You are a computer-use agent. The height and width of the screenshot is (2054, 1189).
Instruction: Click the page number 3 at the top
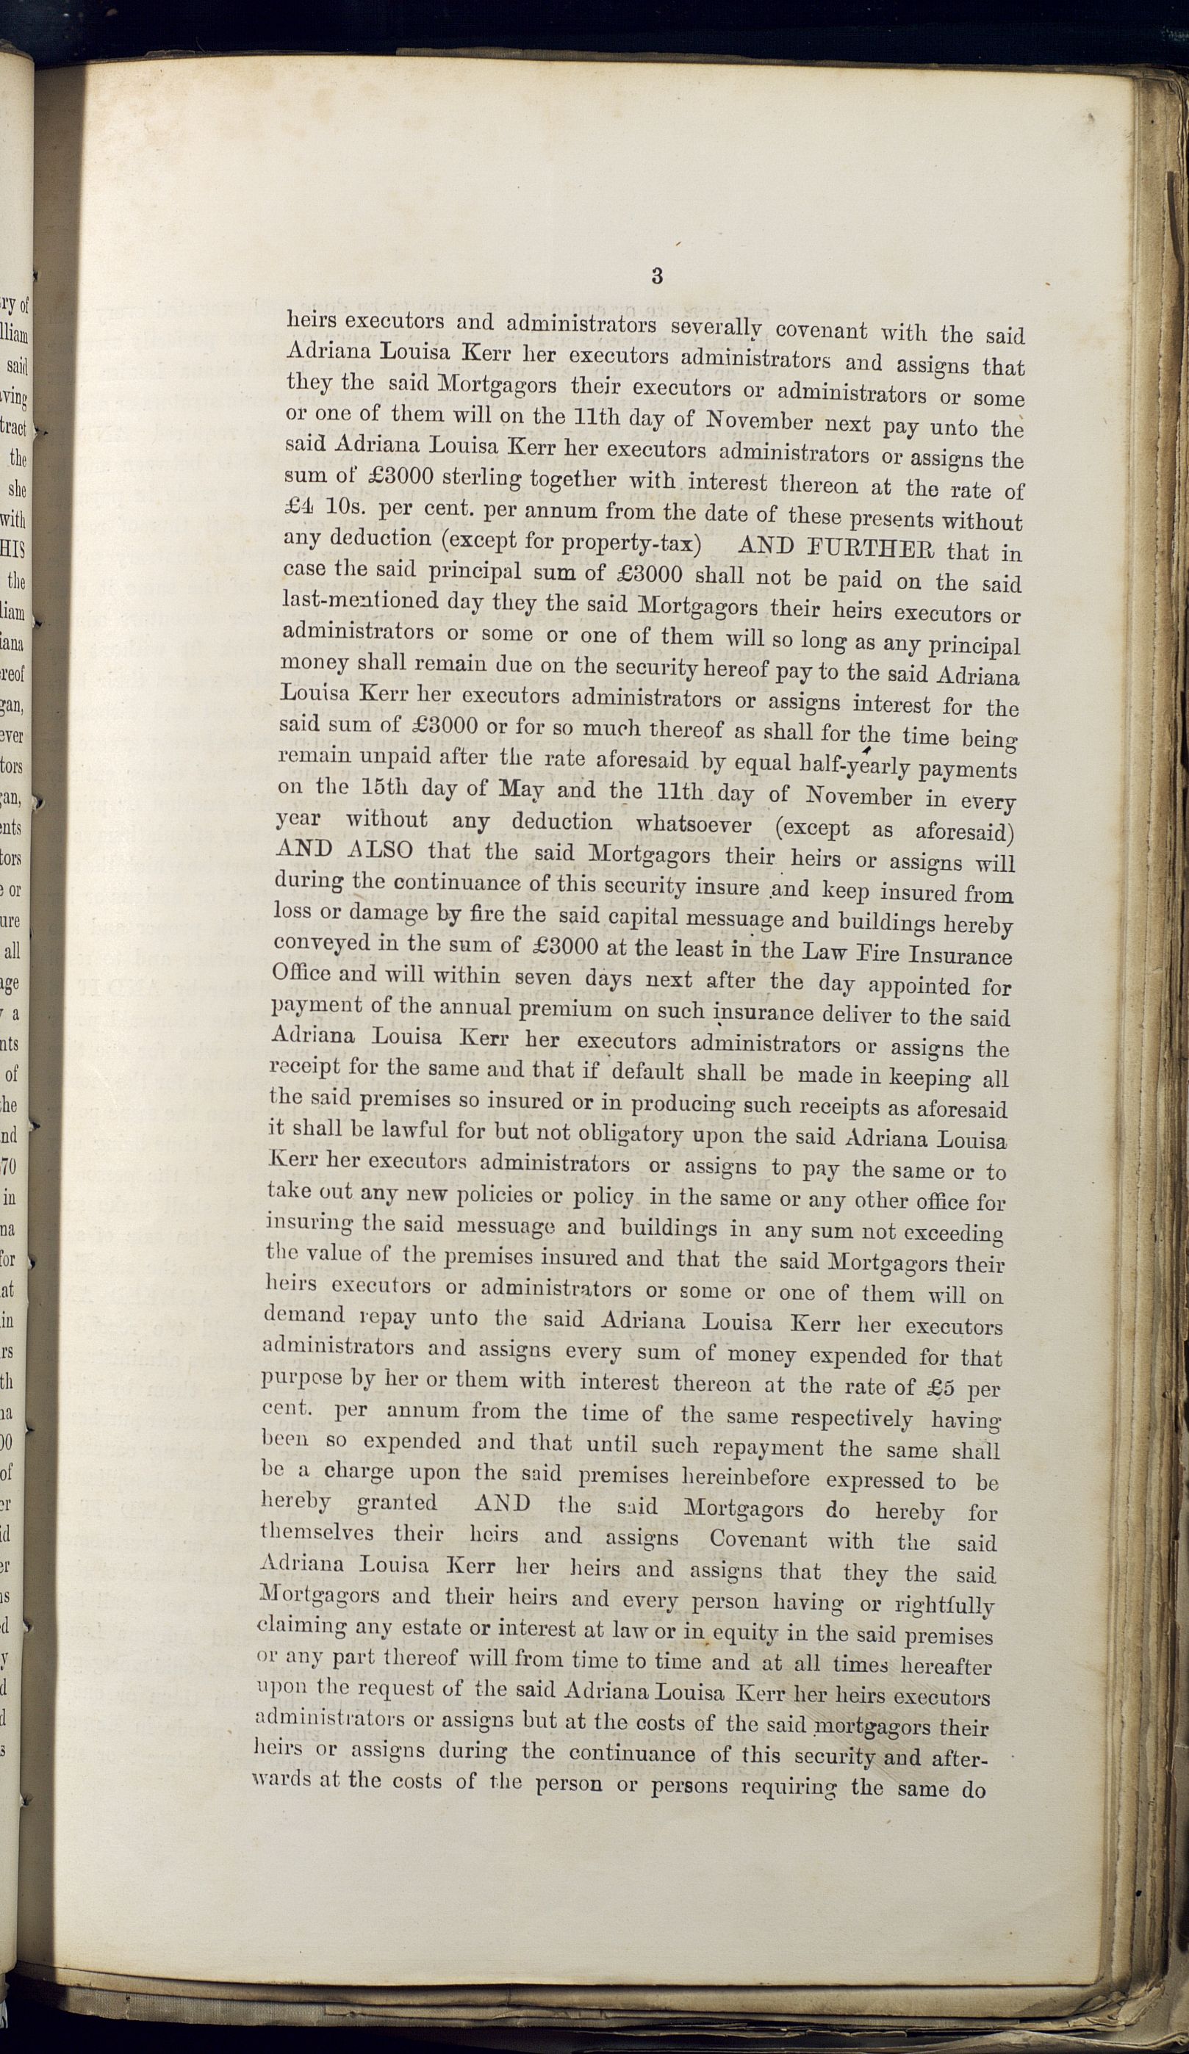tap(657, 275)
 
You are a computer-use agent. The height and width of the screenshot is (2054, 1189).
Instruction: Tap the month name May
tap(522, 790)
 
